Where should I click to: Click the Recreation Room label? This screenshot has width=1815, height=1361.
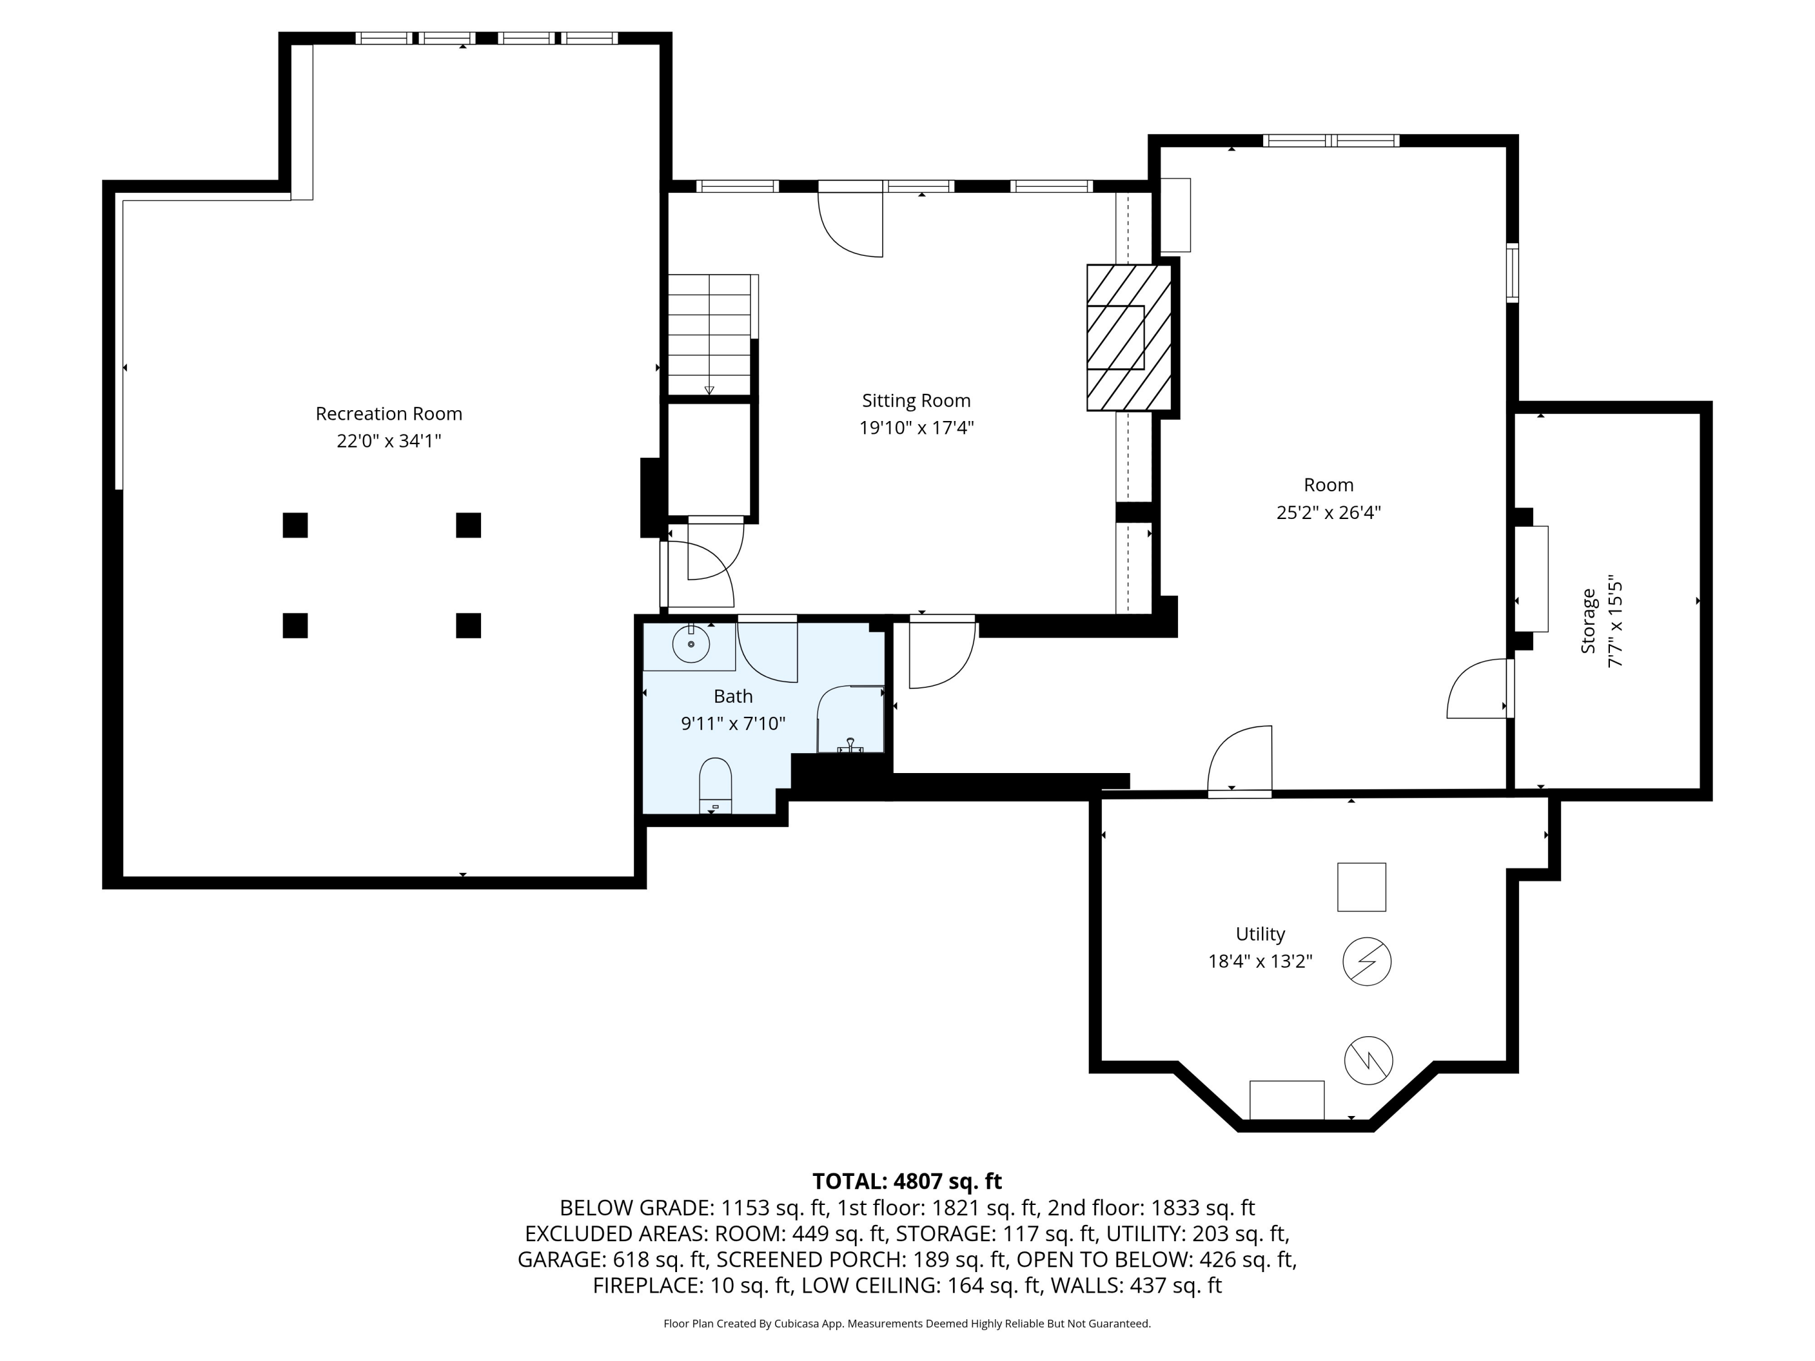[389, 414]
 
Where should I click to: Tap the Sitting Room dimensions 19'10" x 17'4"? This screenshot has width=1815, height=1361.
[916, 428]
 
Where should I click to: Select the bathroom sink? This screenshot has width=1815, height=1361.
[691, 645]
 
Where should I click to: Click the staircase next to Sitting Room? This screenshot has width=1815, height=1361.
[710, 335]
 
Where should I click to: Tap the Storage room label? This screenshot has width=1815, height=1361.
[1589, 621]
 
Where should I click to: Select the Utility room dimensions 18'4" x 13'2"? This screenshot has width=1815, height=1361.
[1260, 961]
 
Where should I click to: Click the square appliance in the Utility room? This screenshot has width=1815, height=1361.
[1361, 887]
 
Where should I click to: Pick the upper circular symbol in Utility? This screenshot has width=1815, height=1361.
[1366, 962]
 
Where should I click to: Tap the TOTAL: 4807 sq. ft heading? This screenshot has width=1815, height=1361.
[907, 1181]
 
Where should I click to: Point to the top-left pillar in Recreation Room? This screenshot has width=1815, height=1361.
[295, 525]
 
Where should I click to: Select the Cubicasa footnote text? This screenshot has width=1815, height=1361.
[907, 1323]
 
